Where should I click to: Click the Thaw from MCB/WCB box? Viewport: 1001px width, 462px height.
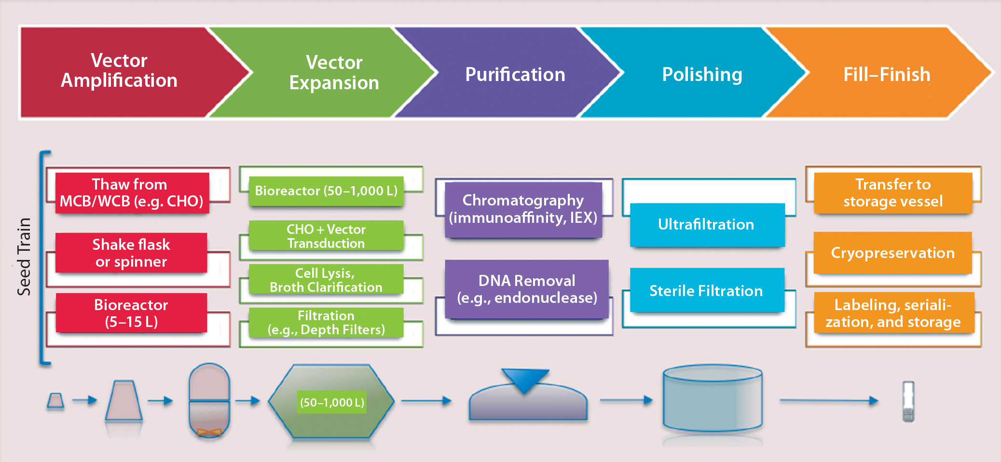click(x=132, y=193)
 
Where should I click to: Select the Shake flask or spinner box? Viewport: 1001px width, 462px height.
click(x=131, y=253)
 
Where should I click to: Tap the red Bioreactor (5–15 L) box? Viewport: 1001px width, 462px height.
click(x=131, y=313)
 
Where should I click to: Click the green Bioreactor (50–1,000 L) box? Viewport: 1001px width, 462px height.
click(x=326, y=191)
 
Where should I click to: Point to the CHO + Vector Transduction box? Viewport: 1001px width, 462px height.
click(x=326, y=236)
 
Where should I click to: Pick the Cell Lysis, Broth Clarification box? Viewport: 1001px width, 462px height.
click(x=326, y=280)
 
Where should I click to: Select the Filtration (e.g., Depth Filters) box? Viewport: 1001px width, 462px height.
click(x=326, y=323)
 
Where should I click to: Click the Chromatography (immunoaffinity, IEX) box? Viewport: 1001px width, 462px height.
click(x=523, y=209)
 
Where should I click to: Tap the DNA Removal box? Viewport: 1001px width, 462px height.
click(x=527, y=289)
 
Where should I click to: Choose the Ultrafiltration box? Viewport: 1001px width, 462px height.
click(x=707, y=225)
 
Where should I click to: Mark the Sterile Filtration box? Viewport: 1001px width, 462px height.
click(x=707, y=291)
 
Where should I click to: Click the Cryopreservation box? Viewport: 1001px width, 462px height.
click(x=892, y=253)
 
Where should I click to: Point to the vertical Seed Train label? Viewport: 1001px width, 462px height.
click(x=24, y=257)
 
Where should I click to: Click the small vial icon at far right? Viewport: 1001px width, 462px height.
click(x=908, y=402)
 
